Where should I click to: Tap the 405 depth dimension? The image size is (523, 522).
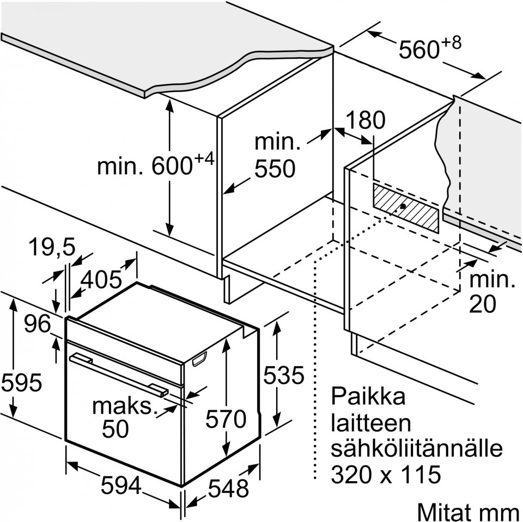101,279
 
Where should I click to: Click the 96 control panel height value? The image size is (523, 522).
38,325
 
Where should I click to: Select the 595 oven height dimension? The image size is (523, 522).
21,383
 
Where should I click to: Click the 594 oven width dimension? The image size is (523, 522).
121,484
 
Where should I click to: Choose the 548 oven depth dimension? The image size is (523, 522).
228,488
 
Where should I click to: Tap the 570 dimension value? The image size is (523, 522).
226,419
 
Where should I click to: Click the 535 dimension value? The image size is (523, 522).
282,375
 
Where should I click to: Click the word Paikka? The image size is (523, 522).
369,396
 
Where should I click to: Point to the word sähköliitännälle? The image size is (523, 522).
416,449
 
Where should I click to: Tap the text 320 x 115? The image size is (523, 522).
385,475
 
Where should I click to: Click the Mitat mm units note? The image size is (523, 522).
467,512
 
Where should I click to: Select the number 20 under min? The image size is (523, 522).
483,305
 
